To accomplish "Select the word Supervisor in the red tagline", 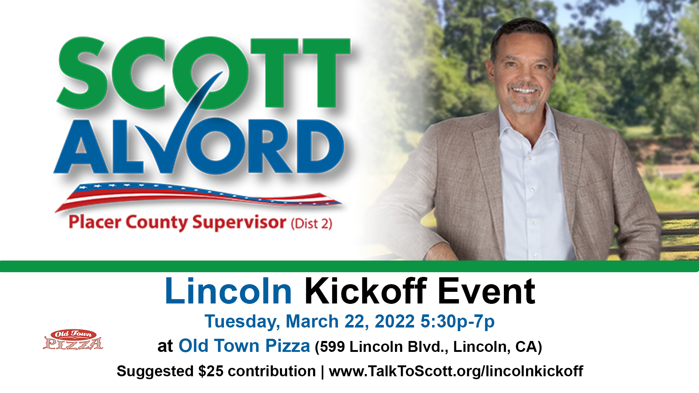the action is point(239,223).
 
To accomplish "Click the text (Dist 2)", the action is point(312,223).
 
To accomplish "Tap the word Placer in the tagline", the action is point(95,222).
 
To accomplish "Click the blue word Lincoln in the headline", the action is point(228,291).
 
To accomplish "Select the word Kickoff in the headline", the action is point(366,291).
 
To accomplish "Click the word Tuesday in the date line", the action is point(242,322).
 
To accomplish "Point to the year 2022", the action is point(395,321).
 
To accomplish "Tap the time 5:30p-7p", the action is point(458,322).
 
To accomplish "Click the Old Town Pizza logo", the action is point(73,340).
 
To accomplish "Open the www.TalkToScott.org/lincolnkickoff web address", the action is point(456,372).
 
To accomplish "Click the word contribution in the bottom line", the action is point(272,371).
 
